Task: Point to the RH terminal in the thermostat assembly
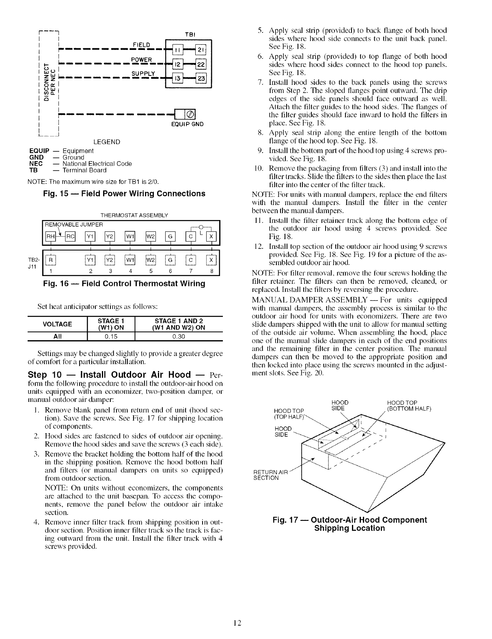click(50, 237)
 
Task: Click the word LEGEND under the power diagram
click(107, 142)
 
